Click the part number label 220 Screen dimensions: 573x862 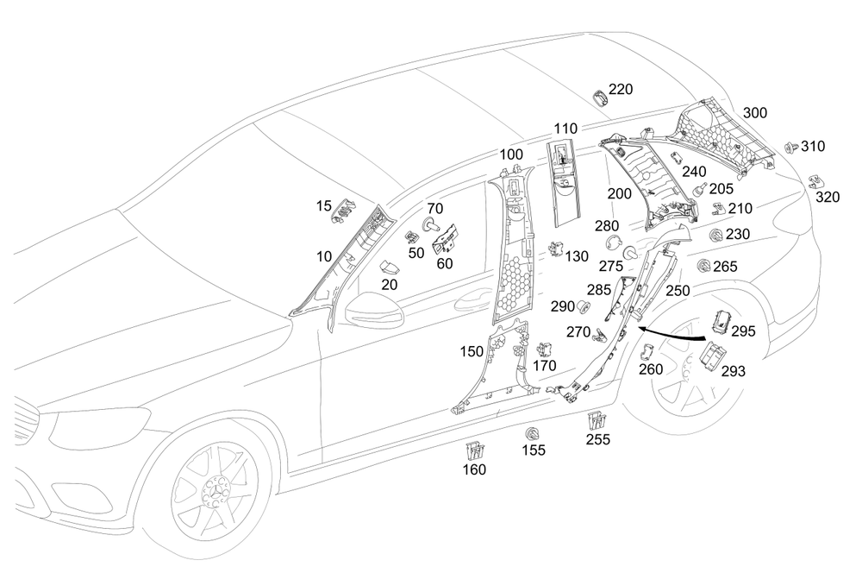[621, 89]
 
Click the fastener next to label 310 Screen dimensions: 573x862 [790, 148]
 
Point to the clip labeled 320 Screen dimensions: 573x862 [815, 180]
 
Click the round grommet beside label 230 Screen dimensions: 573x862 [715, 235]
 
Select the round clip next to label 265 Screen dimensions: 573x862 [702, 267]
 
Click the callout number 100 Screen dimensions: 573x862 [511, 154]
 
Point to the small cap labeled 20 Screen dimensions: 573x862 [388, 267]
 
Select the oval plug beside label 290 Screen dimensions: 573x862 [583, 306]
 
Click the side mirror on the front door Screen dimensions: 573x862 [374, 312]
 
